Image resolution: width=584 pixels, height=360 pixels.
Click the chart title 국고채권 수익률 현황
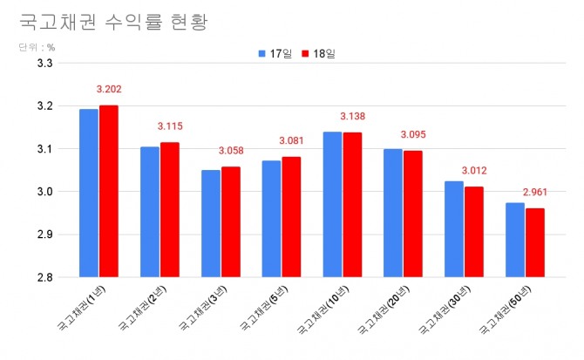coord(114,21)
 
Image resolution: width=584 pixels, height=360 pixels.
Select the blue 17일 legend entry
coord(275,54)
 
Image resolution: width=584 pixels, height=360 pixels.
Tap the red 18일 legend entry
coord(318,54)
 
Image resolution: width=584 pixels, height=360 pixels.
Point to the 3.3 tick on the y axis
coord(45,64)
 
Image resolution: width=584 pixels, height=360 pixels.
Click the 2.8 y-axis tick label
coord(45,277)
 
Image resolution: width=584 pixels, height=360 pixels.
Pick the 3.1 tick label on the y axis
coord(45,149)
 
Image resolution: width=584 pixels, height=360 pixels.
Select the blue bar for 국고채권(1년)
coord(89,193)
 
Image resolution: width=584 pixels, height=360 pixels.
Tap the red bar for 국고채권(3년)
coord(230,221)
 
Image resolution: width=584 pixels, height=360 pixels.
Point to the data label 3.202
coord(111,89)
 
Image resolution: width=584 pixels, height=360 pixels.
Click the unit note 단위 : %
coord(37,47)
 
